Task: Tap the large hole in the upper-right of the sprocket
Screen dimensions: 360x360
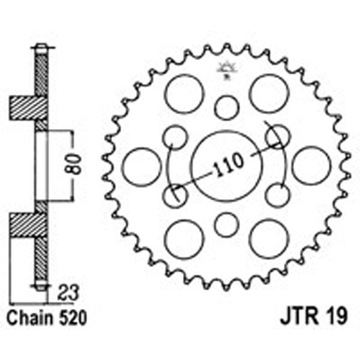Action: [x=268, y=94]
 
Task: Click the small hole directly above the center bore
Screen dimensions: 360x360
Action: [x=227, y=108]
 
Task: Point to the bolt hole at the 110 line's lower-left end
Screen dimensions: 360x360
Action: [x=175, y=195]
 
